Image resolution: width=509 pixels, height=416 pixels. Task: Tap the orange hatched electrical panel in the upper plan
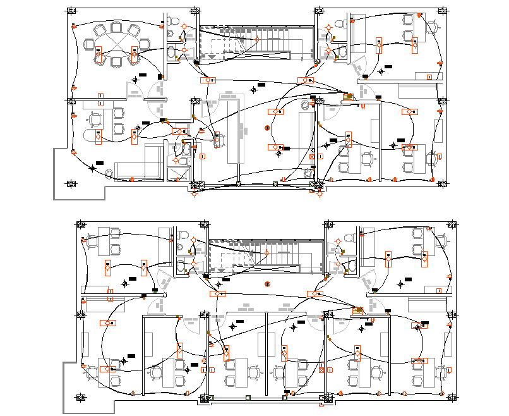(347, 96)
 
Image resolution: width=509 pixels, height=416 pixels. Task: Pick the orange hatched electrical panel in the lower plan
(358, 310)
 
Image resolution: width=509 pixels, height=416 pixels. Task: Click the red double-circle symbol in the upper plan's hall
(267, 128)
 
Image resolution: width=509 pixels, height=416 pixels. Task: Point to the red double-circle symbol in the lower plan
(268, 284)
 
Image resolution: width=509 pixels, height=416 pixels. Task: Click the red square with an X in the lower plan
(321, 371)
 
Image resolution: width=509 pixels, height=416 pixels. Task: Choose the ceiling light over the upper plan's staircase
(258, 39)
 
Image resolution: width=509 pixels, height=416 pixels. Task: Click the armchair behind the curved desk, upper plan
(95, 118)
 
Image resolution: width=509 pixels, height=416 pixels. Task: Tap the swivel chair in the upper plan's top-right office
(432, 27)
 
